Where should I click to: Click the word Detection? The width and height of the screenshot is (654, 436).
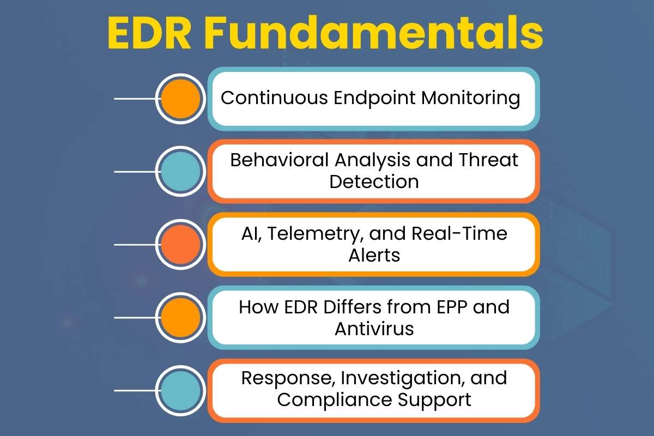click(374, 181)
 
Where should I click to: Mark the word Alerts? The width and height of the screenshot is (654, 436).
click(374, 255)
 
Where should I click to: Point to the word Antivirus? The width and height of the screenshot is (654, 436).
click(374, 329)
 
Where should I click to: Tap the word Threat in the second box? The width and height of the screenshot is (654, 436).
click(486, 161)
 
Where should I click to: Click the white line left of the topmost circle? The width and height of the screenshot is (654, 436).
click(135, 99)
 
